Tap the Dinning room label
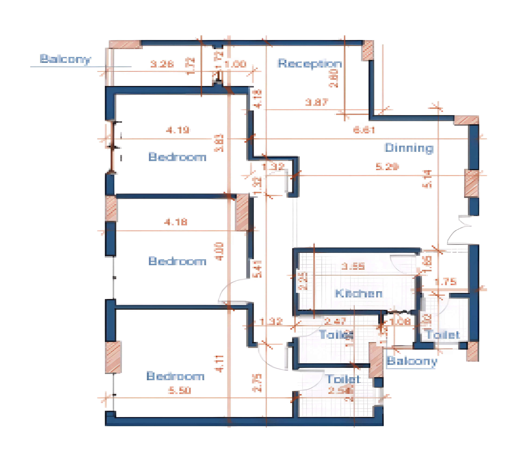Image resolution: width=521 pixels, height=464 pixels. point(409,148)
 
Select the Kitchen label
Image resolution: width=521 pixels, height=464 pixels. point(358,294)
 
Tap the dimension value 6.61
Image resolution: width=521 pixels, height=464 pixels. point(364,130)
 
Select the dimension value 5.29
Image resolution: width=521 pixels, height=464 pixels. point(387,167)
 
